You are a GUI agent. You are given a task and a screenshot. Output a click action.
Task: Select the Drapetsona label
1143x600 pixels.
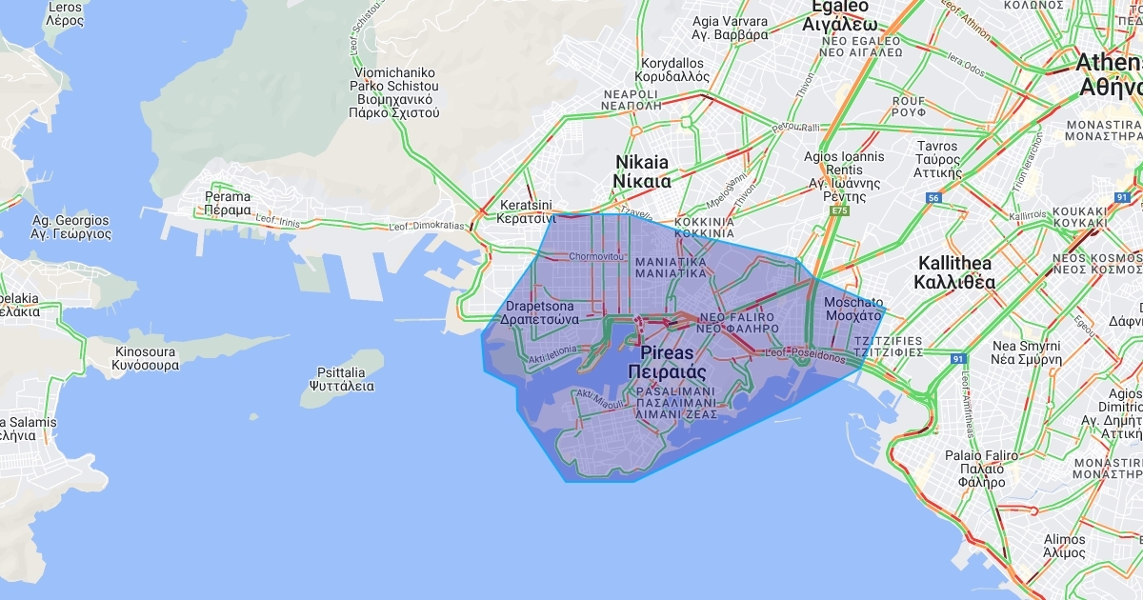click(540, 313)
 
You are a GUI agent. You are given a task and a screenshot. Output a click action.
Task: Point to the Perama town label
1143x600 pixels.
click(228, 203)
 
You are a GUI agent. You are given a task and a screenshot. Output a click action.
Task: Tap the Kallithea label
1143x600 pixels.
click(954, 272)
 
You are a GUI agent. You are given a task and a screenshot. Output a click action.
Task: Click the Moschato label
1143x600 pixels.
click(853, 309)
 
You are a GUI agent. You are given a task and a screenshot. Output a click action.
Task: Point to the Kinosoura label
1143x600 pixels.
click(145, 358)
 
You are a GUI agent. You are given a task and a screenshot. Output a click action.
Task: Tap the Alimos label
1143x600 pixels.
click(1064, 546)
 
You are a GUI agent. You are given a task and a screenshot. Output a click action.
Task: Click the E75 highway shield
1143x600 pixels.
click(839, 210)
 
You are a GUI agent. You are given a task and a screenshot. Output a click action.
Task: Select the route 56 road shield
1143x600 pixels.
click(933, 198)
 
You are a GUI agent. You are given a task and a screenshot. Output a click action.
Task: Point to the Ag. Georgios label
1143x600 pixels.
click(70, 227)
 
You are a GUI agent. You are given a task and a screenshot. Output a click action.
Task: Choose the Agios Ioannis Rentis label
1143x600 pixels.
click(844, 176)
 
